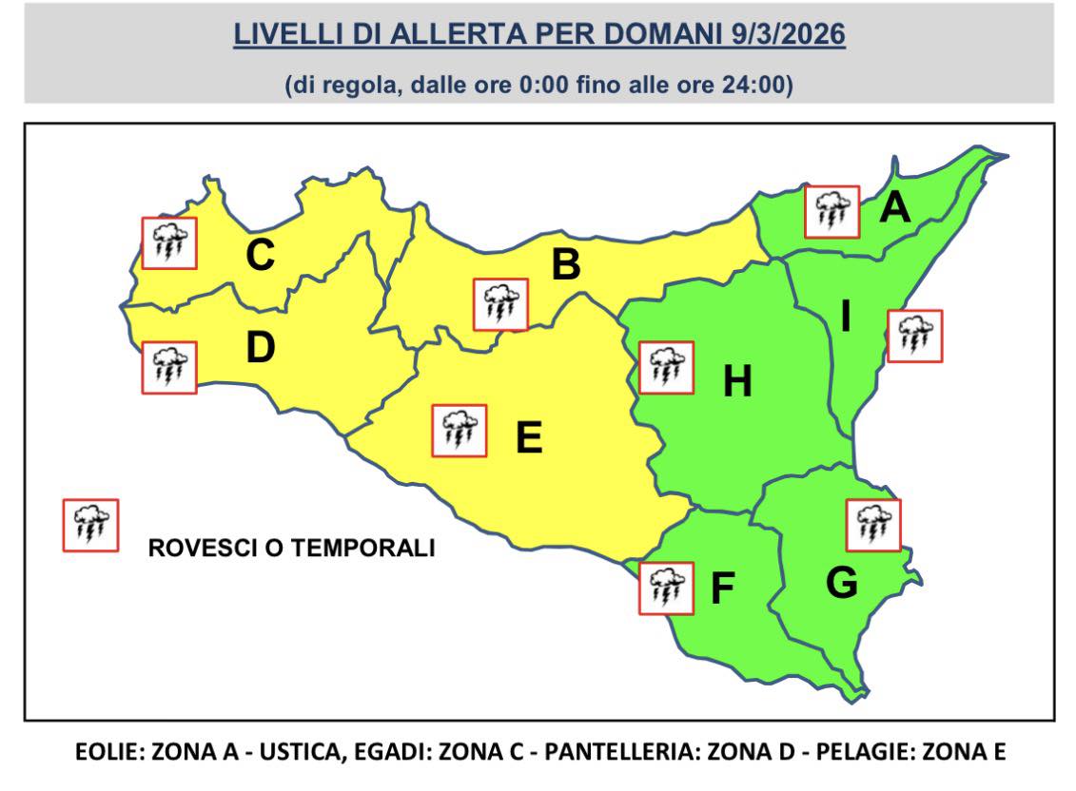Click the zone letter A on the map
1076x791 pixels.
click(x=894, y=207)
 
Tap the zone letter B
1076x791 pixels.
click(x=566, y=265)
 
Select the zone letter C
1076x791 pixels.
click(x=260, y=255)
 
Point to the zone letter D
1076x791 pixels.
click(x=260, y=348)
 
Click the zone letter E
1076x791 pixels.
click(x=528, y=438)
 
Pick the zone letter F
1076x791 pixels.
click(x=723, y=589)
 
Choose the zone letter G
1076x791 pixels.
click(x=841, y=583)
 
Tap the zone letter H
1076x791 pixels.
click(x=737, y=382)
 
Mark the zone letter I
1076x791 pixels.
click(x=845, y=318)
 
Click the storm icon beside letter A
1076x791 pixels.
click(x=831, y=211)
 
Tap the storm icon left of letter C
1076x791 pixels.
click(x=169, y=242)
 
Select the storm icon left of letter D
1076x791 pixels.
click(x=169, y=367)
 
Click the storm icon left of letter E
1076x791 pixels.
click(x=460, y=431)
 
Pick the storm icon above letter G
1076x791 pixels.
click(x=872, y=525)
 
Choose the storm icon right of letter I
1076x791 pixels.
click(x=914, y=336)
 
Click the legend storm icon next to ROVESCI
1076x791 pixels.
click(x=90, y=525)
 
